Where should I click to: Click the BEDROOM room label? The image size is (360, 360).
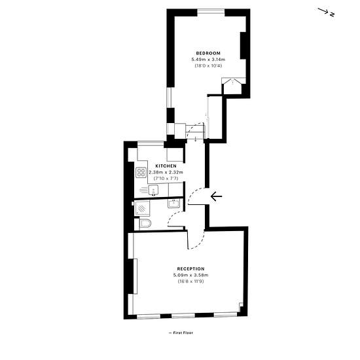click(x=208, y=53)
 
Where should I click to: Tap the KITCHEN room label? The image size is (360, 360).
click(x=166, y=166)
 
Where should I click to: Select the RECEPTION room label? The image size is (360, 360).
click(x=190, y=269)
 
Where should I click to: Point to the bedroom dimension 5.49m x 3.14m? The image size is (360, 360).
click(x=208, y=60)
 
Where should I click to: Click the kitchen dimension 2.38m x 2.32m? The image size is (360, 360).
click(x=166, y=172)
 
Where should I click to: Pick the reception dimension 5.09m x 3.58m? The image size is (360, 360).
click(x=190, y=275)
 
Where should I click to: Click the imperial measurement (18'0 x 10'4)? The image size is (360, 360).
click(x=208, y=65)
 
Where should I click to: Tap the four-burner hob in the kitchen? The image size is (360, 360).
click(x=141, y=173)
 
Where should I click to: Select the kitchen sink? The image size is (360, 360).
click(x=153, y=190)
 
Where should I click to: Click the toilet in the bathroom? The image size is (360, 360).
click(x=145, y=223)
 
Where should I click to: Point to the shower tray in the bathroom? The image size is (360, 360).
click(x=142, y=208)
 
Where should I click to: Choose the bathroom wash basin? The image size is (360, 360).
click(x=174, y=204)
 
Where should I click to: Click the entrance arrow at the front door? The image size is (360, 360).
click(x=216, y=196)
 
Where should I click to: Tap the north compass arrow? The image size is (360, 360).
click(x=323, y=11)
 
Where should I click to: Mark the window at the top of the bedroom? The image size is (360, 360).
click(x=211, y=11)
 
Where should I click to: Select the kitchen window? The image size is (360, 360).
click(x=151, y=144)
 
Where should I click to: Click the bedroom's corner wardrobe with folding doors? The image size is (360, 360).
click(x=232, y=86)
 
